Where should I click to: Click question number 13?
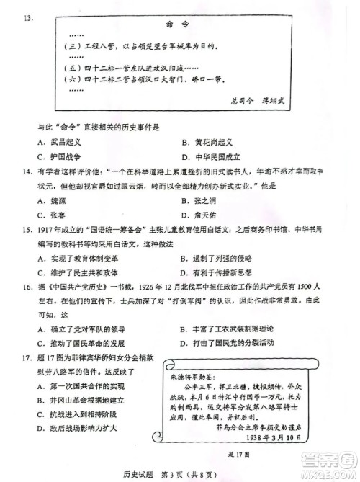coord(29,17)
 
